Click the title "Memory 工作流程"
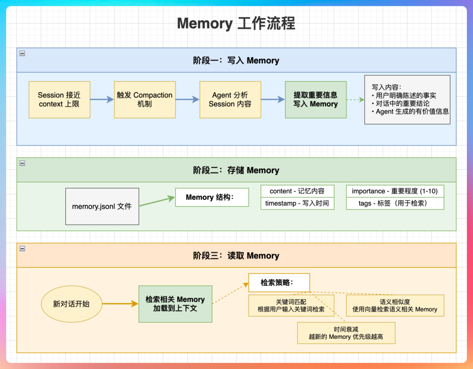coord(236,23)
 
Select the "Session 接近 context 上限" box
coord(60,100)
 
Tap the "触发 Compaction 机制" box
coord(145,100)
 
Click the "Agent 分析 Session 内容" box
coord(230,100)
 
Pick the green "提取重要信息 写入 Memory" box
coord(315,100)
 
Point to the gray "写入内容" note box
coord(407,100)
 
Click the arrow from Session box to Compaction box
coord(102,100)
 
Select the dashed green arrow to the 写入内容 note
coord(355,100)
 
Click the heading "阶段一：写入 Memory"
coord(236,60)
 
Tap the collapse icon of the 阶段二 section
coord(22,163)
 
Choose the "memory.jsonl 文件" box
coord(102,207)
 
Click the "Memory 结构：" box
coord(212,197)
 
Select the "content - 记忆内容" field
coord(297,191)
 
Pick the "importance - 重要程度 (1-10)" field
coord(395,191)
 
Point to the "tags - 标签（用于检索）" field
coord(395,204)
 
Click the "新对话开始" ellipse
coord(71,304)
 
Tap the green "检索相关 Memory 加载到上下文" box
coord(175,304)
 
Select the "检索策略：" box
coord(279,283)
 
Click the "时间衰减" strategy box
coord(346,333)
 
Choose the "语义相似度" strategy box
coord(395,306)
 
